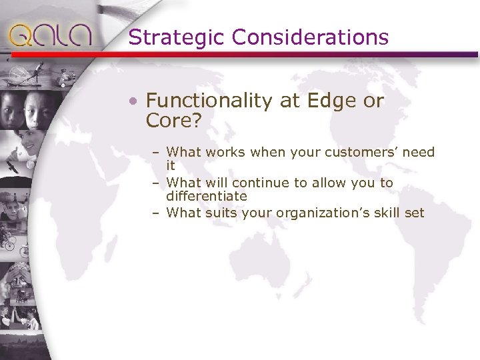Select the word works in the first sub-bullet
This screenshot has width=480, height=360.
[227, 152]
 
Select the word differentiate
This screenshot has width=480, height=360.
[207, 196]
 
